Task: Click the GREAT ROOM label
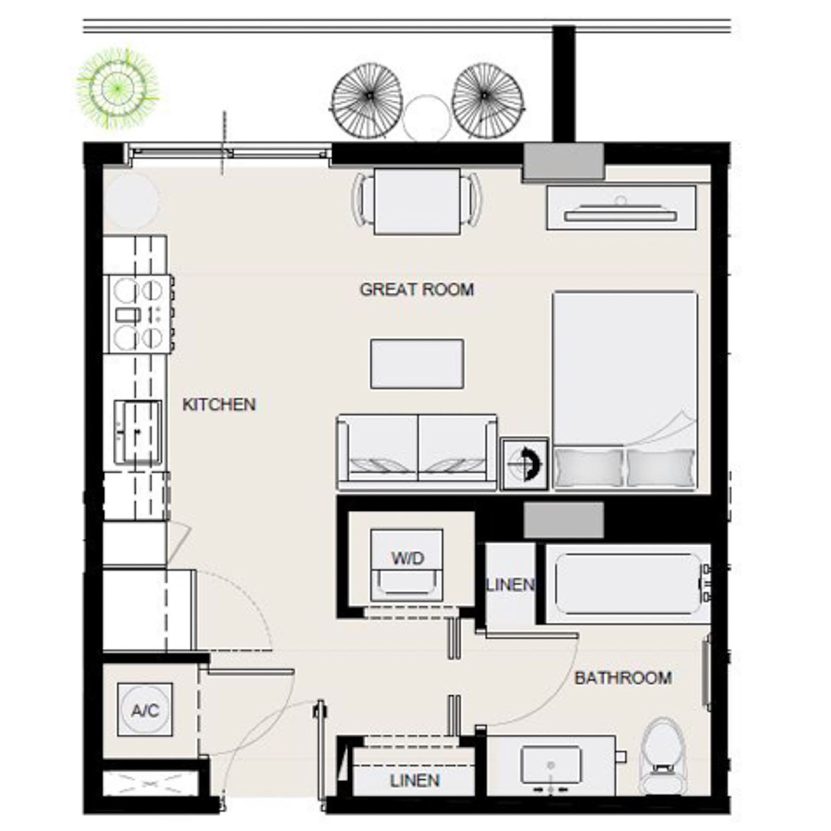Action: pos(416,289)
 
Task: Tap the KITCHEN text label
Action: pos(219,404)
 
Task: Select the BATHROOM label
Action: pos(623,678)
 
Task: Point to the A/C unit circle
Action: pos(145,710)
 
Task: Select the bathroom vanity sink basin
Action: pos(551,765)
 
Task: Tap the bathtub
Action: pos(628,584)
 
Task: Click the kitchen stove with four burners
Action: pos(138,314)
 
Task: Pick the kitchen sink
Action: pos(138,432)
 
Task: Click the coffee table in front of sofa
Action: pos(417,364)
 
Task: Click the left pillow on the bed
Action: pos(588,467)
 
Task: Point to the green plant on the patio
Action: pos(117,88)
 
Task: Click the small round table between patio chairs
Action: pos(426,117)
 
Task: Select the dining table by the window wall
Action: pos(417,201)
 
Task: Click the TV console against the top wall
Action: pos(621,208)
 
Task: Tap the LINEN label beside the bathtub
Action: pos(510,585)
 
